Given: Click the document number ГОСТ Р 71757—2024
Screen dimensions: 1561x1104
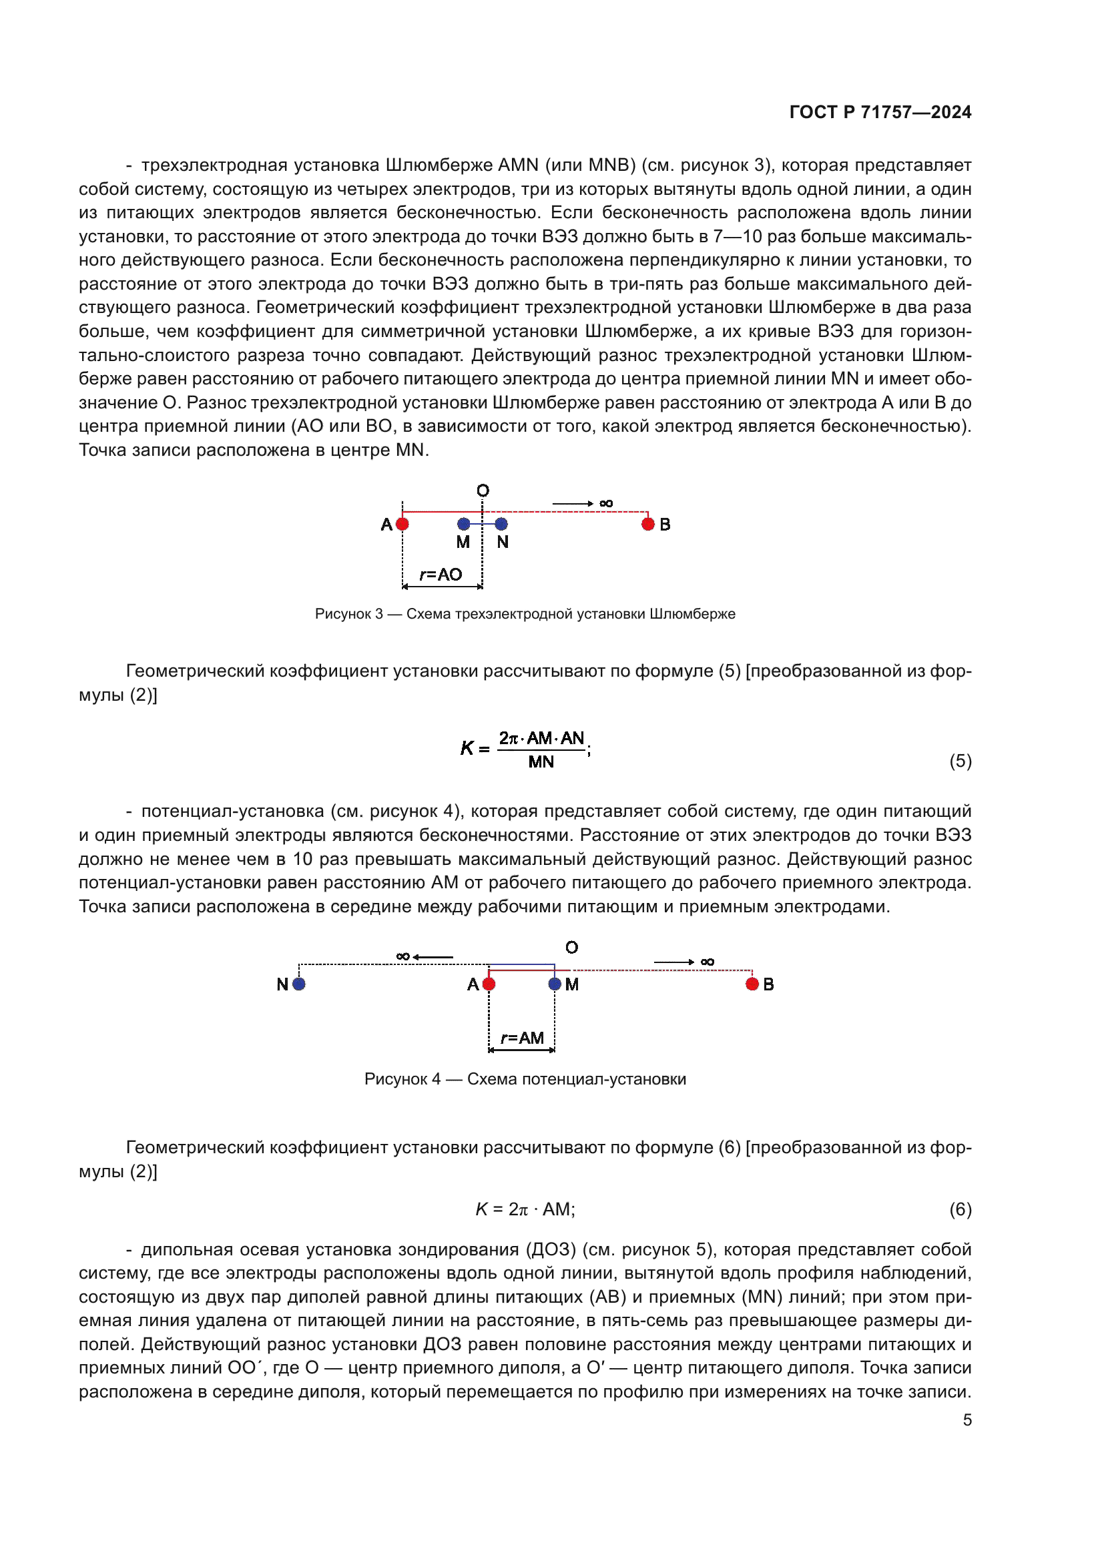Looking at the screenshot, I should coord(880,112).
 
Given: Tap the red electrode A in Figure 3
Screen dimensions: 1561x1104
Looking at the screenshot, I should coord(402,524).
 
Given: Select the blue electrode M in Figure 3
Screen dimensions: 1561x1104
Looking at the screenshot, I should coord(464,524).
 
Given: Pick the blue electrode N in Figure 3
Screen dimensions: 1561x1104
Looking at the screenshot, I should coord(502,524).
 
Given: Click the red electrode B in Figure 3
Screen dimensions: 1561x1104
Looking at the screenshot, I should coord(648,524).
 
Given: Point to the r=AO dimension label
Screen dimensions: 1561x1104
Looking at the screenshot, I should coord(441,575).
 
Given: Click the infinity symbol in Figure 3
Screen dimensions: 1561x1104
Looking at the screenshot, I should coord(605,504).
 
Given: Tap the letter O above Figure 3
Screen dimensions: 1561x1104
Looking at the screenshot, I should coord(483,491).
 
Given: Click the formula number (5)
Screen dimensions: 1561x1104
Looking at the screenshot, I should coord(960,761).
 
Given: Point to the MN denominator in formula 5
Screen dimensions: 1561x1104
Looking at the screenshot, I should coord(541,762).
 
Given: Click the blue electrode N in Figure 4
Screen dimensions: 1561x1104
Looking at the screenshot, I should coord(299,984).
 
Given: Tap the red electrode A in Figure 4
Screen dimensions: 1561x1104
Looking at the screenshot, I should coord(489,984).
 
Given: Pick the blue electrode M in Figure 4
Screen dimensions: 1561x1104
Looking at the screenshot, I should coord(555,984).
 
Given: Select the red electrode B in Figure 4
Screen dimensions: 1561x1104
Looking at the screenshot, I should coord(752,984).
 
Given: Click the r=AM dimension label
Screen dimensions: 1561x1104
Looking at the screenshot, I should coord(522,1038).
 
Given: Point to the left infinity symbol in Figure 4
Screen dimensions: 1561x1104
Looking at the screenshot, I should coord(403,956).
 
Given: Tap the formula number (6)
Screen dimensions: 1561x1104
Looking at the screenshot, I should coord(960,1209).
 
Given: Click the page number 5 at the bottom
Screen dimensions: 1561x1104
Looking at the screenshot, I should coord(967,1420).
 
